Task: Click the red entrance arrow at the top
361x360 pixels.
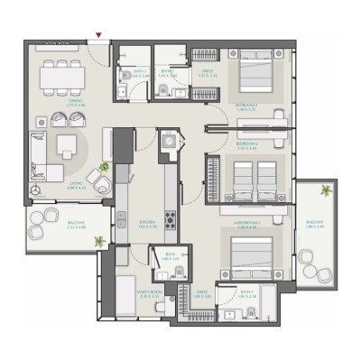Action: tap(99, 37)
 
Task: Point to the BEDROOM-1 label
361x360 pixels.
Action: tap(249, 106)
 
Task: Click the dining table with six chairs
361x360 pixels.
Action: tap(63, 76)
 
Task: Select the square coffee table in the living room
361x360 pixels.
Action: tap(67, 144)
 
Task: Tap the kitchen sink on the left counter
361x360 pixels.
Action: tap(121, 218)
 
